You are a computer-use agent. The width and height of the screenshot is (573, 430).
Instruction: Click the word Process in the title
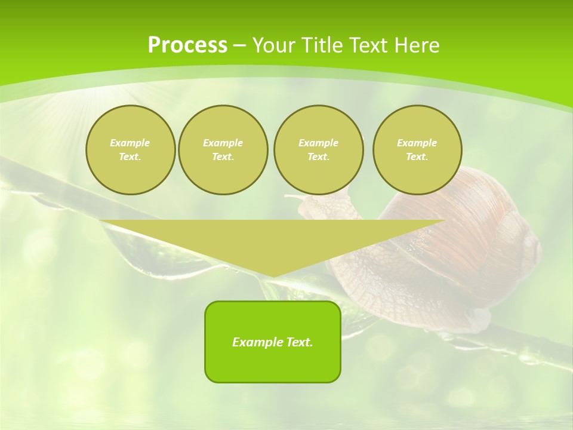pos(187,45)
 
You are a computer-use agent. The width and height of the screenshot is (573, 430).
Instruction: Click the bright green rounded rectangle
pos(273,364)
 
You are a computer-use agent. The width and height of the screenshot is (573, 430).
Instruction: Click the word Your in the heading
pos(273,45)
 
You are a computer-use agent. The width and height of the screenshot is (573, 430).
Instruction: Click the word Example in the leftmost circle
pos(130,143)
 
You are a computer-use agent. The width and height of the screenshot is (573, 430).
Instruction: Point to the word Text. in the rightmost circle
pos(417,157)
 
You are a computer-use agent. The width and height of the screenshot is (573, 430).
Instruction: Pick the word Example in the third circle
pos(318,143)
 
